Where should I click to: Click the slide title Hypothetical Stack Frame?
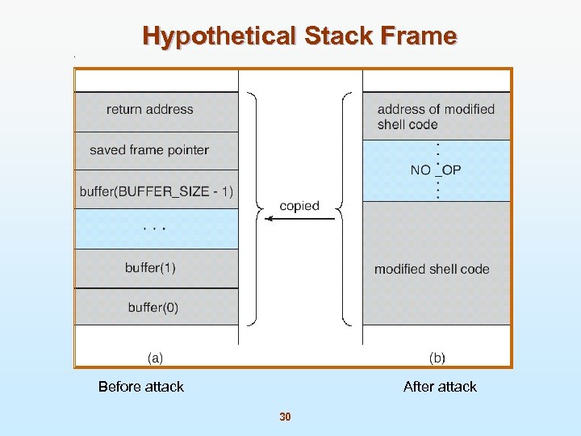(x=299, y=36)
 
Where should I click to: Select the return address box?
(x=157, y=111)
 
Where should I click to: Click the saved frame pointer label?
(x=149, y=150)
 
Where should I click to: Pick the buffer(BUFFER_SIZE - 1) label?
(x=157, y=191)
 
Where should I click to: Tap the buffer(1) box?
(x=157, y=268)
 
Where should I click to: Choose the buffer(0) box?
(x=157, y=307)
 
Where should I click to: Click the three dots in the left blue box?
(x=154, y=228)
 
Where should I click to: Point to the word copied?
(x=299, y=206)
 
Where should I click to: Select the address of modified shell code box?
(x=436, y=116)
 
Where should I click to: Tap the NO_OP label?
(x=436, y=170)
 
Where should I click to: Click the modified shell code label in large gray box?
(x=432, y=269)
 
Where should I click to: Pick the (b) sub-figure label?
(x=437, y=357)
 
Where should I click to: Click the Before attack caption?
(x=141, y=387)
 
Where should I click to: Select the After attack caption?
(x=440, y=387)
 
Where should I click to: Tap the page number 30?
(x=285, y=417)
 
